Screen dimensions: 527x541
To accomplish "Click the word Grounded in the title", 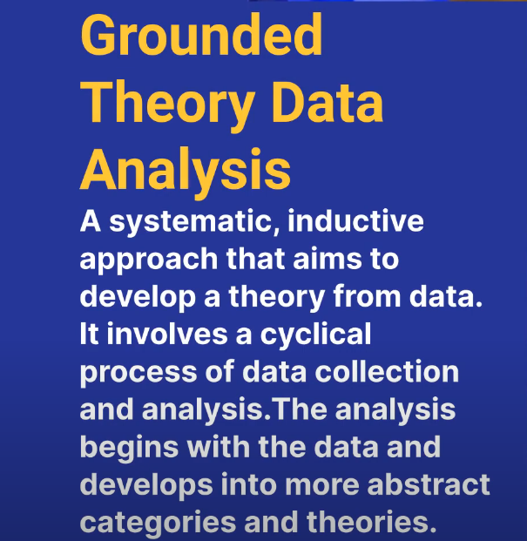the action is [201, 35].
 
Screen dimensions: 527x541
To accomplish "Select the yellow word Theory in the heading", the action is [167, 105].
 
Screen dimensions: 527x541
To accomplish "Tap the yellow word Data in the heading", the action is [328, 102].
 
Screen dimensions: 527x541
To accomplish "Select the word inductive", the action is [355, 220].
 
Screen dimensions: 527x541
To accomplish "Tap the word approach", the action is [149, 260].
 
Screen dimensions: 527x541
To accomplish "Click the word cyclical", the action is [315, 335].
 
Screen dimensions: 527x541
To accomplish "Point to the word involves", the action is [167, 334].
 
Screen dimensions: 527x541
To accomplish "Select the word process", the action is [139, 374].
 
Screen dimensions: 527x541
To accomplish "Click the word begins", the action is [129, 448].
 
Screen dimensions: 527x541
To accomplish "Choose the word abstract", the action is [429, 484].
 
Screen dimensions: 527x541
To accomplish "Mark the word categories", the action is [158, 524].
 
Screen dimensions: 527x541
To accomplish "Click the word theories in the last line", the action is [372, 521].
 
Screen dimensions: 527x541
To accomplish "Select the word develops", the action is [146, 486].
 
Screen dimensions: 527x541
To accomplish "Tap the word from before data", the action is [367, 295].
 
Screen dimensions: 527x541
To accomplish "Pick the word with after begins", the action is [219, 446].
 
